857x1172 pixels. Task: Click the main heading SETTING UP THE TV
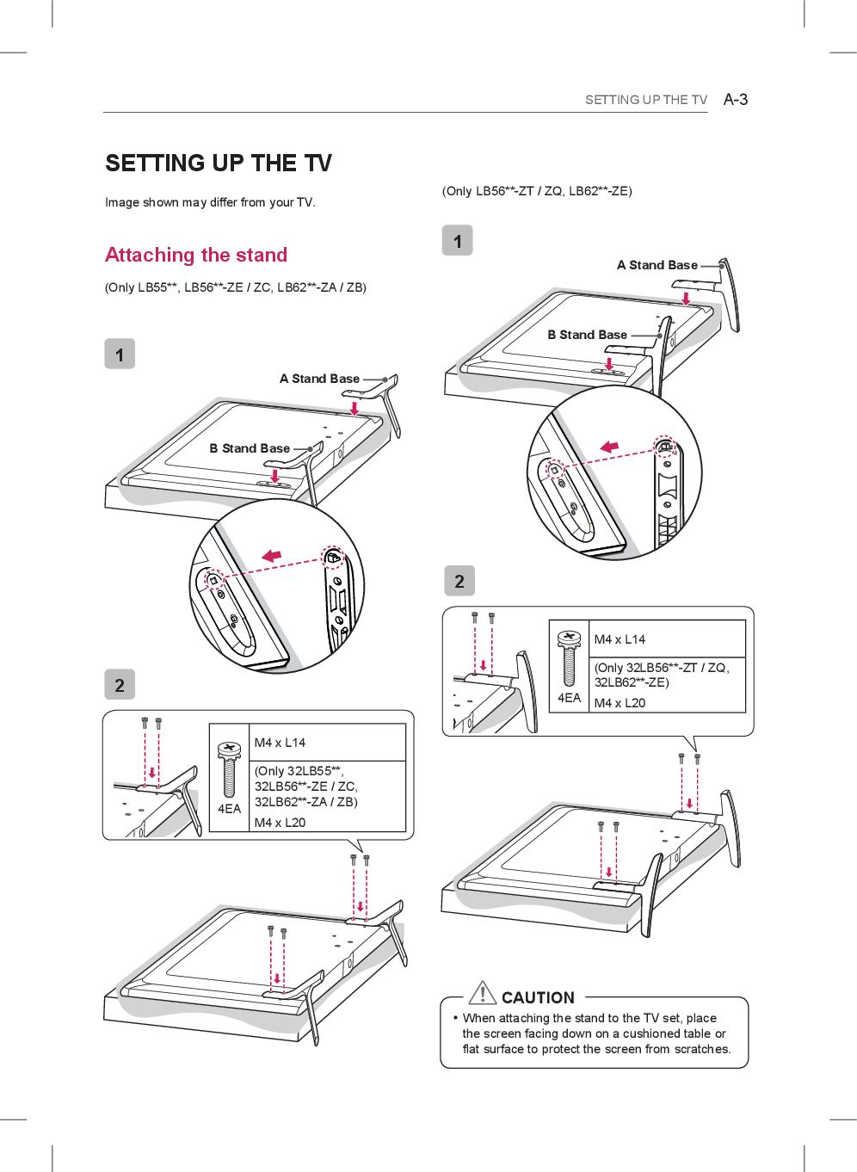tap(219, 163)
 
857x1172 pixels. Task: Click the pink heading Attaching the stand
tap(196, 255)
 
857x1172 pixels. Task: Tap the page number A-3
tap(736, 99)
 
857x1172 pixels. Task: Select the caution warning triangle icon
tap(484, 993)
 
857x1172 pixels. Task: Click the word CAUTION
tap(538, 997)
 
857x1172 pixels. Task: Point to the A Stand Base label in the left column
tap(319, 379)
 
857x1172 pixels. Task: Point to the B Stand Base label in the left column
tap(250, 448)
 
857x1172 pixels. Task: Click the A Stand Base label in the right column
tap(657, 265)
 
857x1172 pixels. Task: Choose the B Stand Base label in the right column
tap(587, 335)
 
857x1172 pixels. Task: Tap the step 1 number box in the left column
tap(120, 354)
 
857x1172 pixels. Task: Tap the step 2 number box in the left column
tap(120, 685)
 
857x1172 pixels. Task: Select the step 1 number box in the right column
tap(458, 241)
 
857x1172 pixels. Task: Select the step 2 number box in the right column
tap(459, 581)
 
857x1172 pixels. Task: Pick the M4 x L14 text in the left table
tap(280, 743)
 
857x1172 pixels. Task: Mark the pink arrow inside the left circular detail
tap(272, 556)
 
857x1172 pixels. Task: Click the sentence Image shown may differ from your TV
tap(210, 203)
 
